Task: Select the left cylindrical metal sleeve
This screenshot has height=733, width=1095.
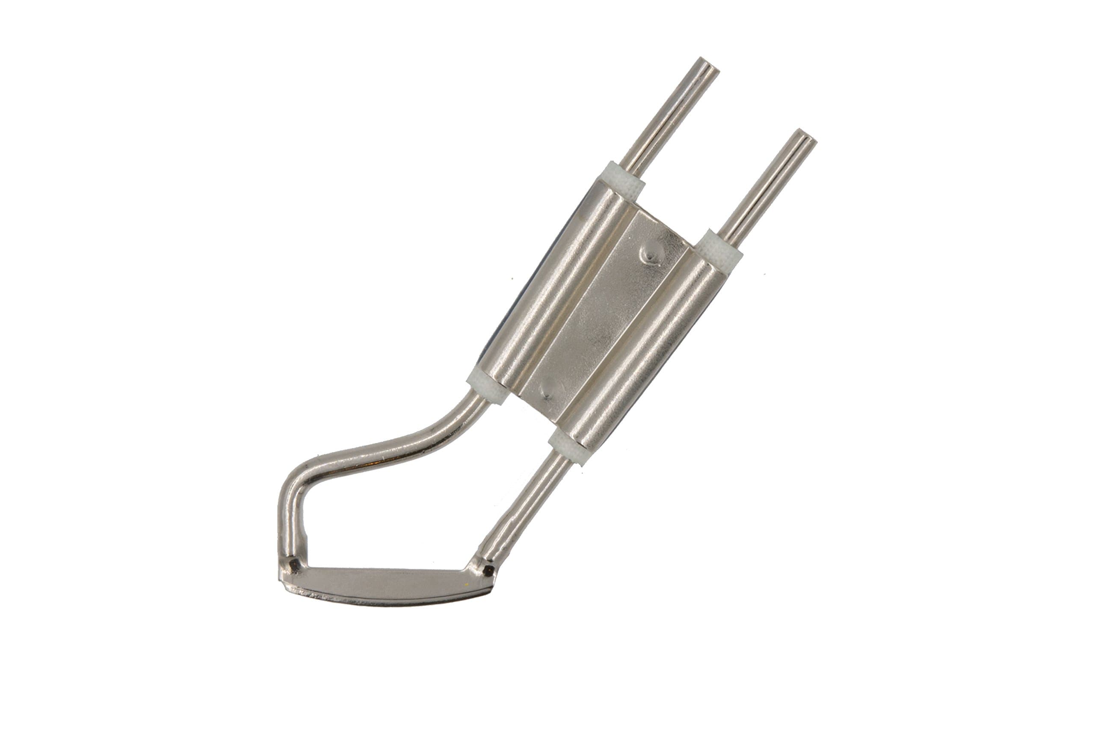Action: pos(552,290)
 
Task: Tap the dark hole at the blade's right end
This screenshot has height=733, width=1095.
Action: pos(488,570)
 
